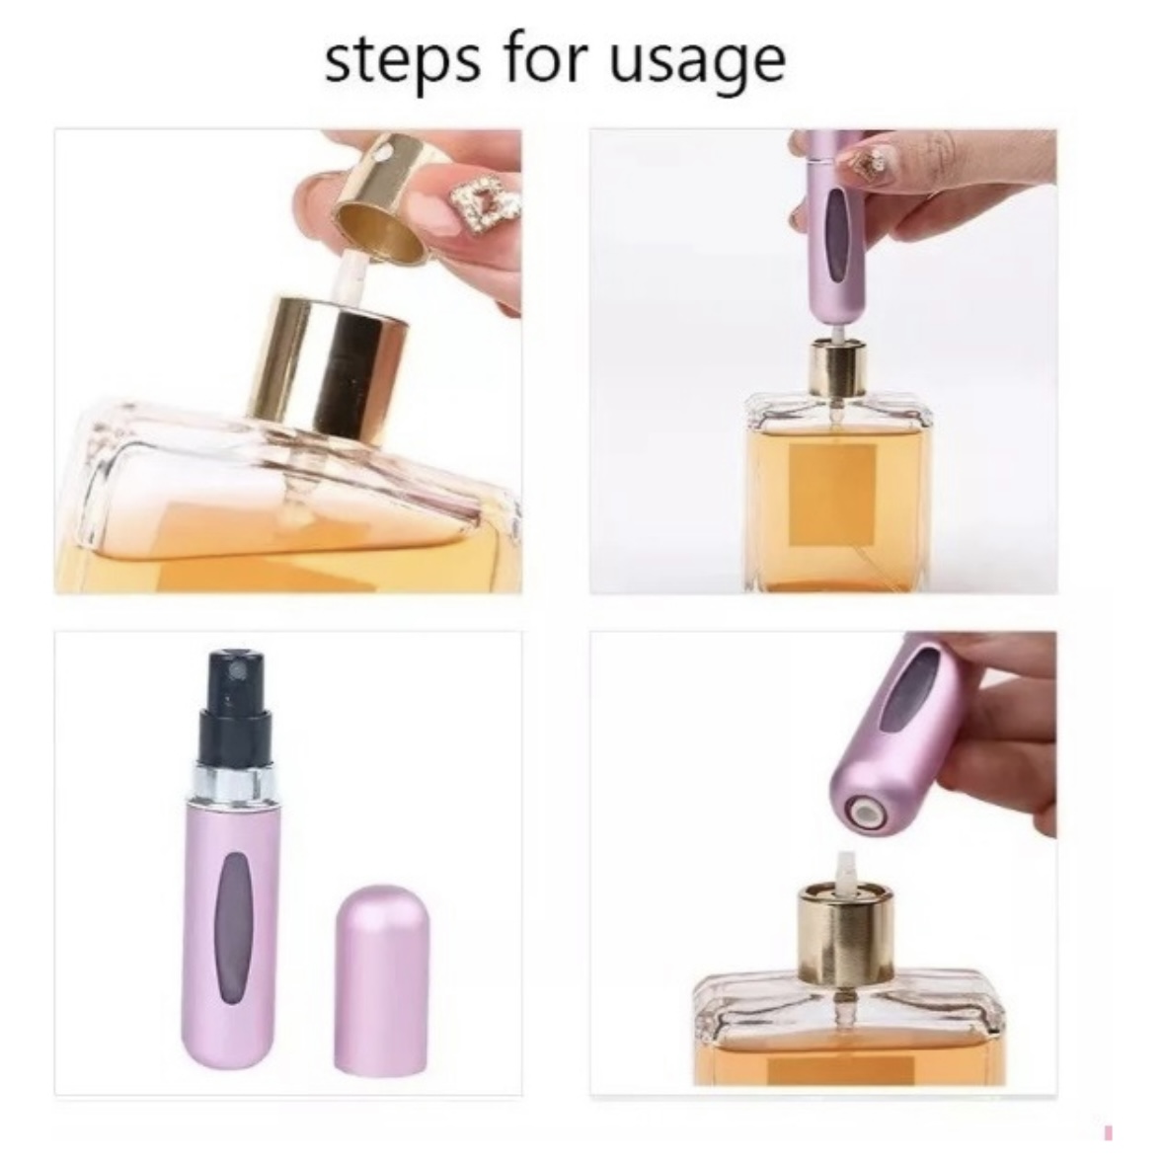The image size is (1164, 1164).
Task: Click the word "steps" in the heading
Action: point(403,61)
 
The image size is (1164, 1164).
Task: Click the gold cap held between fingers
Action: point(382,199)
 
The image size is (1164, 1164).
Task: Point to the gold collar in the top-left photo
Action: point(333,368)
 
